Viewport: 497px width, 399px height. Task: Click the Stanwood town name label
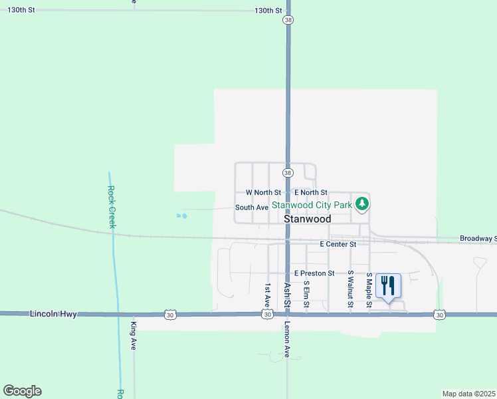[307, 219]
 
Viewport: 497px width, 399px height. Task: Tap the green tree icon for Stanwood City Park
[361, 203]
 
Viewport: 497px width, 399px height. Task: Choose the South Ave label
[252, 207]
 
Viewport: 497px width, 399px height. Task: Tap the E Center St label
[338, 244]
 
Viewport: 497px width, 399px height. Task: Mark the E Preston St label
[314, 273]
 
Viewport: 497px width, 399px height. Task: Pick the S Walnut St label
[350, 289]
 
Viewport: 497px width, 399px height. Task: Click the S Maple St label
[369, 289]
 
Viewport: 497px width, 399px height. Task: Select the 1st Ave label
[268, 293]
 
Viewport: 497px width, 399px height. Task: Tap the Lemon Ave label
[287, 340]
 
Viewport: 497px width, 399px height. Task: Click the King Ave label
[134, 336]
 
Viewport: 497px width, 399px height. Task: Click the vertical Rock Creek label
[112, 207]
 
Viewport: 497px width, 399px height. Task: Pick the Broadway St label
[478, 238]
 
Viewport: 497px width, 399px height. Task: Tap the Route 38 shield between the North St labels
[287, 173]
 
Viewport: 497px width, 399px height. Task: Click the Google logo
[22, 391]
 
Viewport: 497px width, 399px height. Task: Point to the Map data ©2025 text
[468, 394]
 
